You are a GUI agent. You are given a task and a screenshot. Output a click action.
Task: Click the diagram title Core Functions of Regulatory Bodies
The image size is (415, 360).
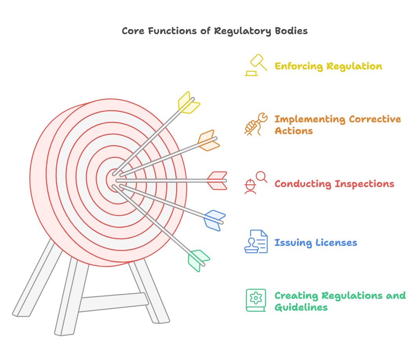pos(215,31)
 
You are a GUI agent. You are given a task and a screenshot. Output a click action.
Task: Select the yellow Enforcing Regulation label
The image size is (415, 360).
pos(328,66)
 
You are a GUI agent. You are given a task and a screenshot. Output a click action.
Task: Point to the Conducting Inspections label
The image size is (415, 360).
pos(334,184)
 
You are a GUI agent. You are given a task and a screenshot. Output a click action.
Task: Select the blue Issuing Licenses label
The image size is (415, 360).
pos(316,243)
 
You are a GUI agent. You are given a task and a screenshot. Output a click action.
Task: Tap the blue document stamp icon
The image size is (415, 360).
pos(256,242)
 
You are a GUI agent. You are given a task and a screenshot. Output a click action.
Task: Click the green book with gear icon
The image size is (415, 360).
pos(256,300)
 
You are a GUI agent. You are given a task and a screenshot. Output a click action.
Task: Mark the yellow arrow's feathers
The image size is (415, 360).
pos(188,102)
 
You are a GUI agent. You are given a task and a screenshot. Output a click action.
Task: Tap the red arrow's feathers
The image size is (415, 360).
pos(217,181)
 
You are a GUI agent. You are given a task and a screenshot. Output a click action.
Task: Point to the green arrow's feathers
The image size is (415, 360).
pos(198,260)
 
